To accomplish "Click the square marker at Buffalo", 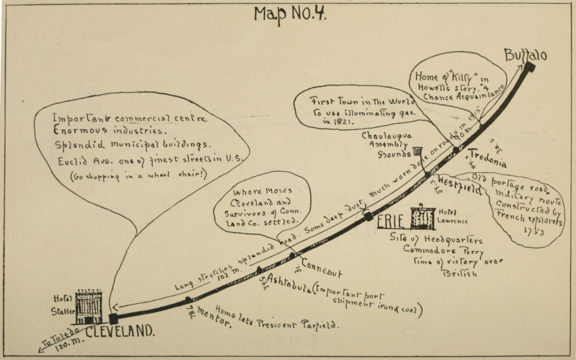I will tap(529, 67).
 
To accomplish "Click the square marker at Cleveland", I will tap(113, 319).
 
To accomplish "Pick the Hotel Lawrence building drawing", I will tap(422, 218).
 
